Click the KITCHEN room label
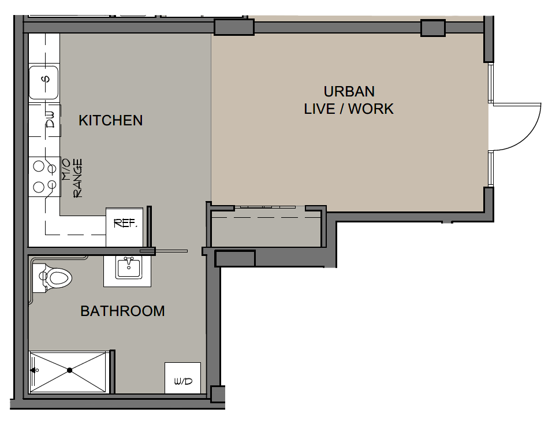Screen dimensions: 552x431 110,120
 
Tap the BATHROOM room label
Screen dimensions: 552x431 122,311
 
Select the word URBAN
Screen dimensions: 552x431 349,91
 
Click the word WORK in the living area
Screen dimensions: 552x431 371,109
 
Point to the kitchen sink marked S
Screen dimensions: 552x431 43,83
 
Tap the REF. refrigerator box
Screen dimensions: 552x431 125,227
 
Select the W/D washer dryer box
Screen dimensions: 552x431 182,378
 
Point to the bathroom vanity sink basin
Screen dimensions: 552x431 129,267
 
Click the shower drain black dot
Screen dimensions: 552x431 70,370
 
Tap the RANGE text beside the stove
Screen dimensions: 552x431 77,178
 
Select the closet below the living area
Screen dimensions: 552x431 266,229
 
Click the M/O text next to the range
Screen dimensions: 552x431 66,169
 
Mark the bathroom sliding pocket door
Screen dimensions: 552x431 164,251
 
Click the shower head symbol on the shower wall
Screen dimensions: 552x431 35,370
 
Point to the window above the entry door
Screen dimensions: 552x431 491,83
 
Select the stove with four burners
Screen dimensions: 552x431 44,176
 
